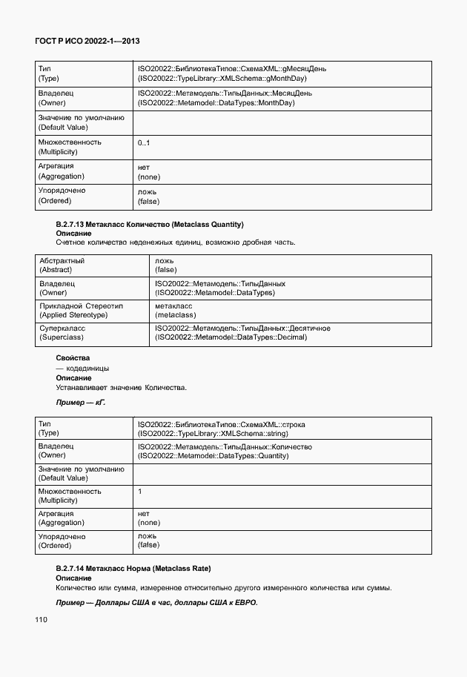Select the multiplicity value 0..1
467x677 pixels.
click(144, 142)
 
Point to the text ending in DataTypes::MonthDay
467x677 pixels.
click(216, 103)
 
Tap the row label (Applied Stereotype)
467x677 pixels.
click(73, 314)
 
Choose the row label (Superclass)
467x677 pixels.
click(61, 337)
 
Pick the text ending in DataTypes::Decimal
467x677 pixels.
click(231, 337)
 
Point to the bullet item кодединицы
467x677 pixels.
click(82, 368)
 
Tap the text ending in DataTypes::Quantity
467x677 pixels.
click(213, 457)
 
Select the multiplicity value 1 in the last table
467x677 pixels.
click(140, 491)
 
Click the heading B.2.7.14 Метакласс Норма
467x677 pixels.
click(133, 569)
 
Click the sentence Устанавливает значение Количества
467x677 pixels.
click(122, 387)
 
